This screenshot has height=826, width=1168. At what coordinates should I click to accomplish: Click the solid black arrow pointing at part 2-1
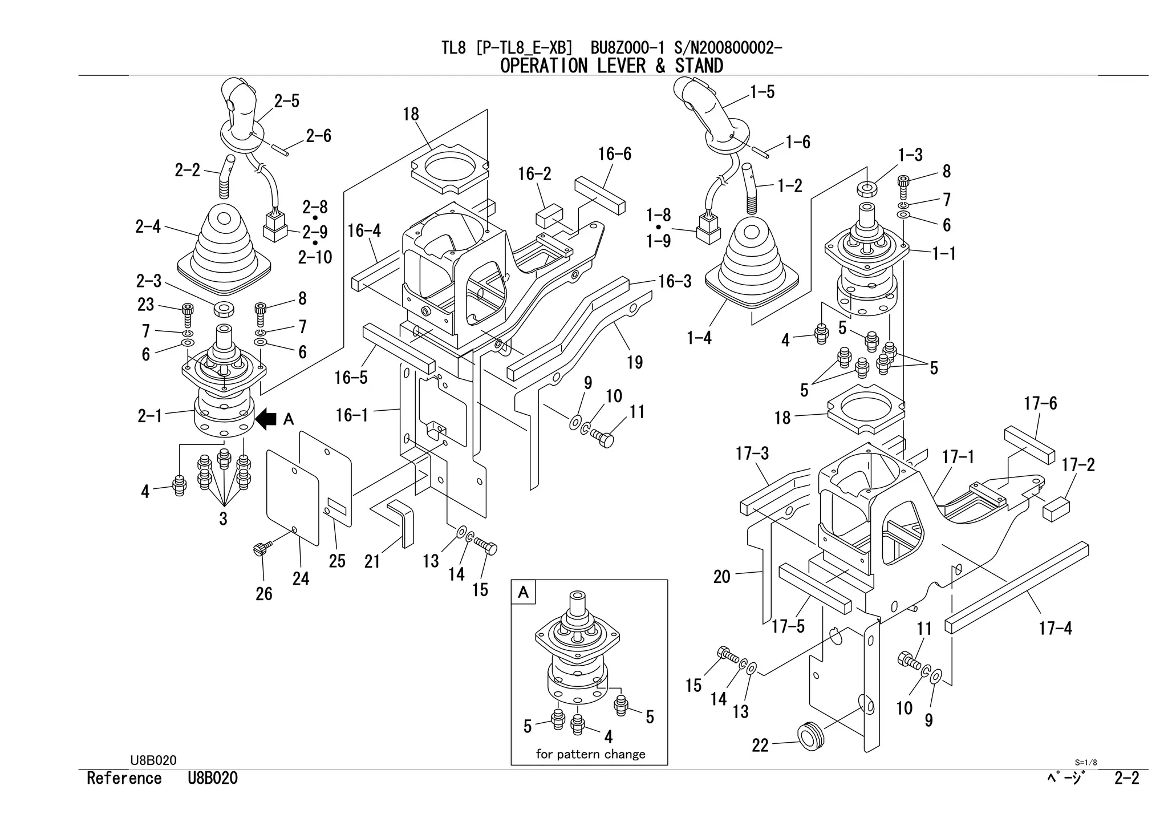click(x=266, y=420)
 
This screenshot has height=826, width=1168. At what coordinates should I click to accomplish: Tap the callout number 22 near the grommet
click(x=760, y=746)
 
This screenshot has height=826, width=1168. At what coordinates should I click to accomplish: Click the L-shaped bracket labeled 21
click(x=402, y=522)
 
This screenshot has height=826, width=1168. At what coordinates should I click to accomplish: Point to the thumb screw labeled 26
click(x=260, y=549)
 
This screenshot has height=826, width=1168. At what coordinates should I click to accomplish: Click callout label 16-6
click(x=614, y=154)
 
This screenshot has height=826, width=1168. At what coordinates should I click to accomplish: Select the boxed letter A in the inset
click(x=523, y=593)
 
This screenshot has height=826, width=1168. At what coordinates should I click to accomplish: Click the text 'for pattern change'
click(x=590, y=754)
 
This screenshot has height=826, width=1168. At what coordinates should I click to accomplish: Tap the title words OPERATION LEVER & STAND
click(x=611, y=66)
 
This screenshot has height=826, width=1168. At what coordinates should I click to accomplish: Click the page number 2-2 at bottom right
click(x=1126, y=778)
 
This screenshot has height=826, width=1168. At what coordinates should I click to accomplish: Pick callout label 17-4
click(x=1055, y=629)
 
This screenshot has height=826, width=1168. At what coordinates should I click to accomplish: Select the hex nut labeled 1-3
click(x=866, y=188)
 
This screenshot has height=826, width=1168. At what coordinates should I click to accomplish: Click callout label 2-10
click(x=315, y=257)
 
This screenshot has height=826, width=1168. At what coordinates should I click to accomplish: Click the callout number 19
click(x=635, y=362)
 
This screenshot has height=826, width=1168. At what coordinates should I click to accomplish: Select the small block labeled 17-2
click(x=1055, y=509)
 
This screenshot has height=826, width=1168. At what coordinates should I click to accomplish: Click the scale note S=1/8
click(x=1085, y=762)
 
